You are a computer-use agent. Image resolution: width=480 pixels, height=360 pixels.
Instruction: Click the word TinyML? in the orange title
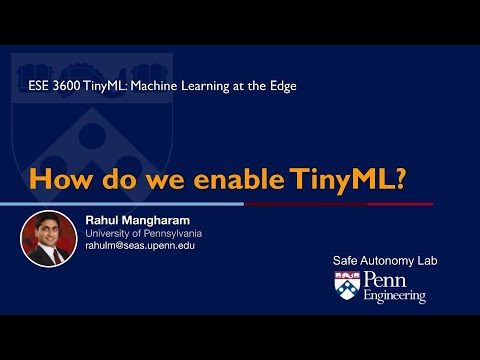tap(347, 180)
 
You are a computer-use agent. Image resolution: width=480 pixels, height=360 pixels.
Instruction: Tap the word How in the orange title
tap(60, 179)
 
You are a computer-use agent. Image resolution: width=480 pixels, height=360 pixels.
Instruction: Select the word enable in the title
tap(239, 179)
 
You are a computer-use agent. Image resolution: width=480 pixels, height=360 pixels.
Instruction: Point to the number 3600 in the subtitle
tap(66, 86)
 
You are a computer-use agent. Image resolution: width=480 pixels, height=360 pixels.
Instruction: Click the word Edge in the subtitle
tap(283, 86)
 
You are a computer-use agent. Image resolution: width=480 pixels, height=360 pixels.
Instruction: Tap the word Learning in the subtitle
tap(205, 86)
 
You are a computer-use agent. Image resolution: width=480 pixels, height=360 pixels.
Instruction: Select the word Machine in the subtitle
tap(154, 86)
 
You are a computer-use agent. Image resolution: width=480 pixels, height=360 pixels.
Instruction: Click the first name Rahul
tap(101, 220)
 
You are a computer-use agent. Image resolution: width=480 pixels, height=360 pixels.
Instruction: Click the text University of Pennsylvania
tap(144, 234)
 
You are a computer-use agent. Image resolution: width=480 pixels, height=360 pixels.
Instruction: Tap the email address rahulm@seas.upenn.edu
tap(140, 246)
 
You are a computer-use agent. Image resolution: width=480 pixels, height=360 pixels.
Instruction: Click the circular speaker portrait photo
tap(49, 239)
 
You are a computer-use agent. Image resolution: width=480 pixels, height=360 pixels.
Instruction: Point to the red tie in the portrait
tap(56, 256)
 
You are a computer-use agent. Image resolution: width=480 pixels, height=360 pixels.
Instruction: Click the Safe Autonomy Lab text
tap(385, 261)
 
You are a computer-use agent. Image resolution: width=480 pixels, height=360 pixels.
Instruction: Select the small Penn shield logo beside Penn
tap(347, 285)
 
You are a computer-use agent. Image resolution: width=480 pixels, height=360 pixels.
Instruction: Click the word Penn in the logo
tap(385, 279)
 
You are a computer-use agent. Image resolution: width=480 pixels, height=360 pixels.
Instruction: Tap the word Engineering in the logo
tap(395, 296)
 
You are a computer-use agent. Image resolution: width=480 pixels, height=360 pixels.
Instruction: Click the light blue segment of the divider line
tap(122, 204)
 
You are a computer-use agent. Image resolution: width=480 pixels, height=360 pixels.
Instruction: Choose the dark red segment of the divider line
tap(339, 204)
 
